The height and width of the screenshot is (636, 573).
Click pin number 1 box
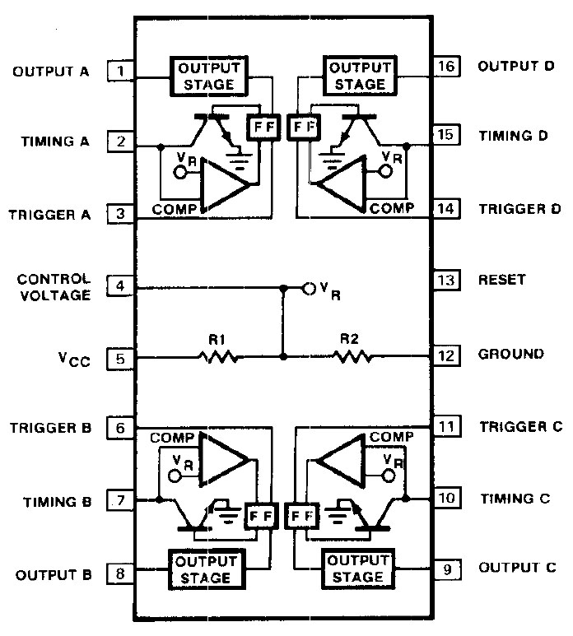coord(120,72)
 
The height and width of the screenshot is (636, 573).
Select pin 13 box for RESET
coord(445,281)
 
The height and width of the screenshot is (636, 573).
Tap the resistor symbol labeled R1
coord(218,358)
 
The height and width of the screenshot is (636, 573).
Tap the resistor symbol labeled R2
coord(353,358)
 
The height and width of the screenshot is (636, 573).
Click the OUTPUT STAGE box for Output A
coord(202,75)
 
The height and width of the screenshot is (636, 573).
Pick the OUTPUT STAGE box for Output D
coord(355,75)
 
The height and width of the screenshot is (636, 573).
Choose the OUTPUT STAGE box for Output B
coord(202,569)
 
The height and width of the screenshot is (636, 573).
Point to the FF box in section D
coord(304,128)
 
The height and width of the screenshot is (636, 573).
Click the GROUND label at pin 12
coord(510,355)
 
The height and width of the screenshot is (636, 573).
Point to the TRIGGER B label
coord(51,429)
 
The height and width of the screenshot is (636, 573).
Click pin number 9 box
coord(445,569)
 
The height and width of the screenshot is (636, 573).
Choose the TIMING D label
coord(513,135)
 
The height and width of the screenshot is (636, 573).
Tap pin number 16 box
coord(445,67)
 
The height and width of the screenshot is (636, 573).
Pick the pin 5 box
coord(120,359)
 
